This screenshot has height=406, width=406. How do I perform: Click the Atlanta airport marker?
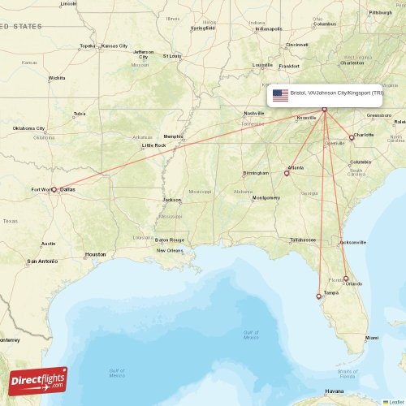tap(287, 172)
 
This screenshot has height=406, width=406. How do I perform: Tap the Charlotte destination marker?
tap(352, 137)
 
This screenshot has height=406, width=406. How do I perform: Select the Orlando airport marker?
tap(346, 279)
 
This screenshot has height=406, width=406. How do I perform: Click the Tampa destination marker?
tap(319, 296)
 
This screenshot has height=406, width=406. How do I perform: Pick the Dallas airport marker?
tap(54, 190)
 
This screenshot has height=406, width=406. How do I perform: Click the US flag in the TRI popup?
tap(280, 93)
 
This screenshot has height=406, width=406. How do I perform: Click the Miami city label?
tap(372, 337)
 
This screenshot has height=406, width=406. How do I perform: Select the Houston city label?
tap(95, 254)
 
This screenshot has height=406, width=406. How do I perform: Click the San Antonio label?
tap(42, 261)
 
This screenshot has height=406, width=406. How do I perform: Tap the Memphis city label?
tap(173, 136)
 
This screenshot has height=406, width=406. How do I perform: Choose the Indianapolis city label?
tap(268, 28)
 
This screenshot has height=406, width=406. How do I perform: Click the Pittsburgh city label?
tap(380, 12)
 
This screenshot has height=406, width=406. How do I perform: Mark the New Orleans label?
tap(170, 250)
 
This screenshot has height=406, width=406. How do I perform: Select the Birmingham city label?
tap(256, 173)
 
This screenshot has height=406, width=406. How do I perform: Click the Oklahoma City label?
tap(28, 128)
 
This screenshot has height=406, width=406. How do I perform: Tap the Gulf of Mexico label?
tap(117, 372)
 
